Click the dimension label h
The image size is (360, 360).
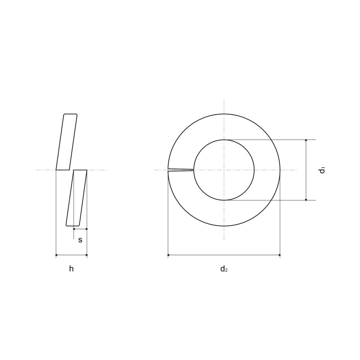click(x=71, y=268)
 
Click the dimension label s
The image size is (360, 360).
click(x=80, y=240)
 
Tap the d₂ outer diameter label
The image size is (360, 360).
click(x=224, y=268)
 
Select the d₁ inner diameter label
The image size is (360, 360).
click(x=322, y=170)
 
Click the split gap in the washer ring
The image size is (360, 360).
click(x=180, y=170)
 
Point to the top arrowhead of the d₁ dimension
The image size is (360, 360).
click(x=306, y=140)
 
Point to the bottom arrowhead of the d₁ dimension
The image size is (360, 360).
click(x=306, y=199)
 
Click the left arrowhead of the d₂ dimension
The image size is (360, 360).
click(x=169, y=255)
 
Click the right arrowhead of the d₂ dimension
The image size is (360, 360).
click(x=279, y=255)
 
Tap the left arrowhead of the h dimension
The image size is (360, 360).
click(x=56, y=255)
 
